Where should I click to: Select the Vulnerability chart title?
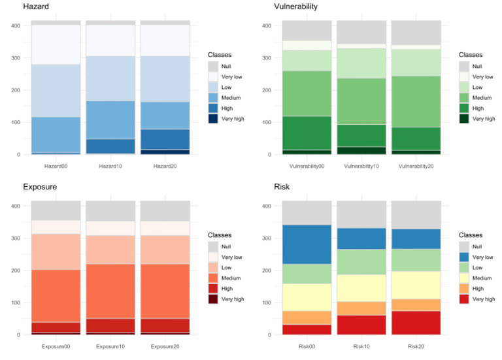pos(295,7)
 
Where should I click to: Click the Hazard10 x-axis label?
pos(110,166)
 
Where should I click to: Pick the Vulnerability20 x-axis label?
pos(416,166)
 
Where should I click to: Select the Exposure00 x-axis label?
pos(56,346)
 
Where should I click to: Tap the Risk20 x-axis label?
pos(416,346)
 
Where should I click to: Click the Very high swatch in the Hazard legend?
pos(213,118)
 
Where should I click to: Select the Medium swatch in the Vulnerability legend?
pos(464,97)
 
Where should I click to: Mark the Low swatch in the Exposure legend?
pos(213,268)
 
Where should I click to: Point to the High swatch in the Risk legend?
pos(464,288)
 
